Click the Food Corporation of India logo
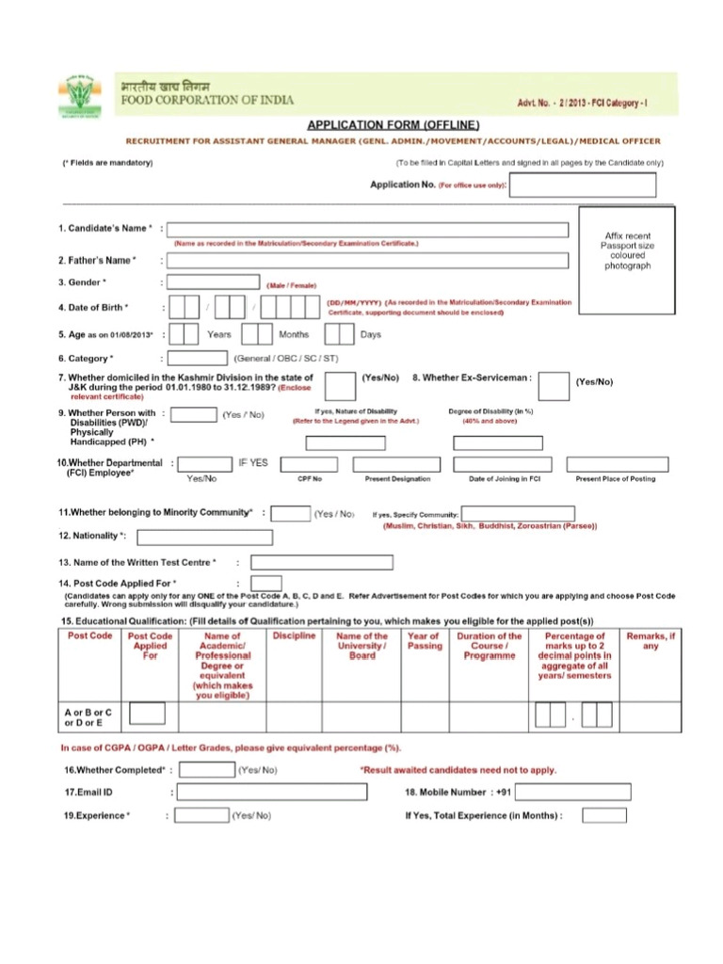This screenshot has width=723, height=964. click(x=85, y=94)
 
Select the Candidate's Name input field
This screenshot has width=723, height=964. click(x=368, y=230)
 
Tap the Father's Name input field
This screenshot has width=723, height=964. click(x=368, y=260)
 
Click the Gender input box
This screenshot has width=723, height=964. click(x=214, y=281)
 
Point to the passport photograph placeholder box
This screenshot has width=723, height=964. click(x=627, y=260)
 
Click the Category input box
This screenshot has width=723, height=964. click(x=198, y=358)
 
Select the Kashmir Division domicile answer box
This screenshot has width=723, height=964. click(x=333, y=384)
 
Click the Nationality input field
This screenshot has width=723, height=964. click(x=205, y=538)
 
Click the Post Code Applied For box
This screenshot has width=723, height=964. click(x=266, y=584)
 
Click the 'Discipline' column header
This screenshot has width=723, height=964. click(x=294, y=637)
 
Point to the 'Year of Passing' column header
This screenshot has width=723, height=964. click(x=424, y=642)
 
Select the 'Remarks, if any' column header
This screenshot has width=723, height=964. click(x=651, y=642)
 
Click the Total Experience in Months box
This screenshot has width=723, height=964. click(x=603, y=815)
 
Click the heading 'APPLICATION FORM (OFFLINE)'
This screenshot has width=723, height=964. click(x=393, y=124)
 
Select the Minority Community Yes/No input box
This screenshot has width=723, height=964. click(x=291, y=513)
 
